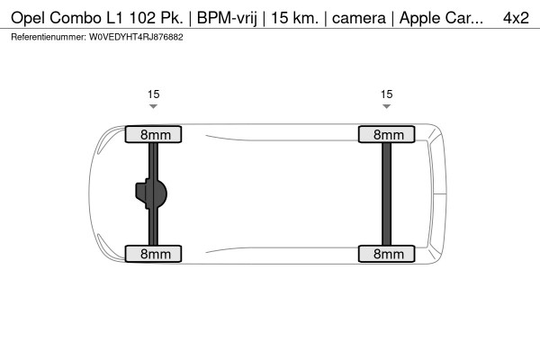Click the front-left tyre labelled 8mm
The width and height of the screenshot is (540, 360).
pos(153,134)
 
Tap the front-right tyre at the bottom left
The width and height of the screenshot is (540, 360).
pos(153,254)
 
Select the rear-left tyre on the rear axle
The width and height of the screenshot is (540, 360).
pos(386,134)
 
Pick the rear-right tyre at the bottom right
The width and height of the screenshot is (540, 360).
pos(386,254)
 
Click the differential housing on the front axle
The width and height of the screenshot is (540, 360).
pos(151,194)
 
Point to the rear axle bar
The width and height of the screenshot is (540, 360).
pos(387,194)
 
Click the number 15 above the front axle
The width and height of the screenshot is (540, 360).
pos(154,94)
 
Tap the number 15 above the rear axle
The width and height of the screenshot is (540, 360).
pos(387,94)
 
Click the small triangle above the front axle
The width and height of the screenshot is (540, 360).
pos(153,106)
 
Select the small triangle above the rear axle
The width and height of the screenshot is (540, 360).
pos(386,106)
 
